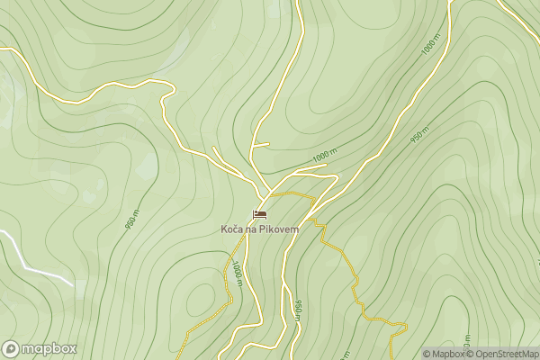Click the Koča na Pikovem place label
[259, 229]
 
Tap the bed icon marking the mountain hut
[260, 214]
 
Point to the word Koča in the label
[231, 229]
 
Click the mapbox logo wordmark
[49, 349]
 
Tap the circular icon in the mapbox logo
[11, 349]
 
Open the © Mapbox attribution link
[443, 354]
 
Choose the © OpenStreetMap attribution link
[502, 354]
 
